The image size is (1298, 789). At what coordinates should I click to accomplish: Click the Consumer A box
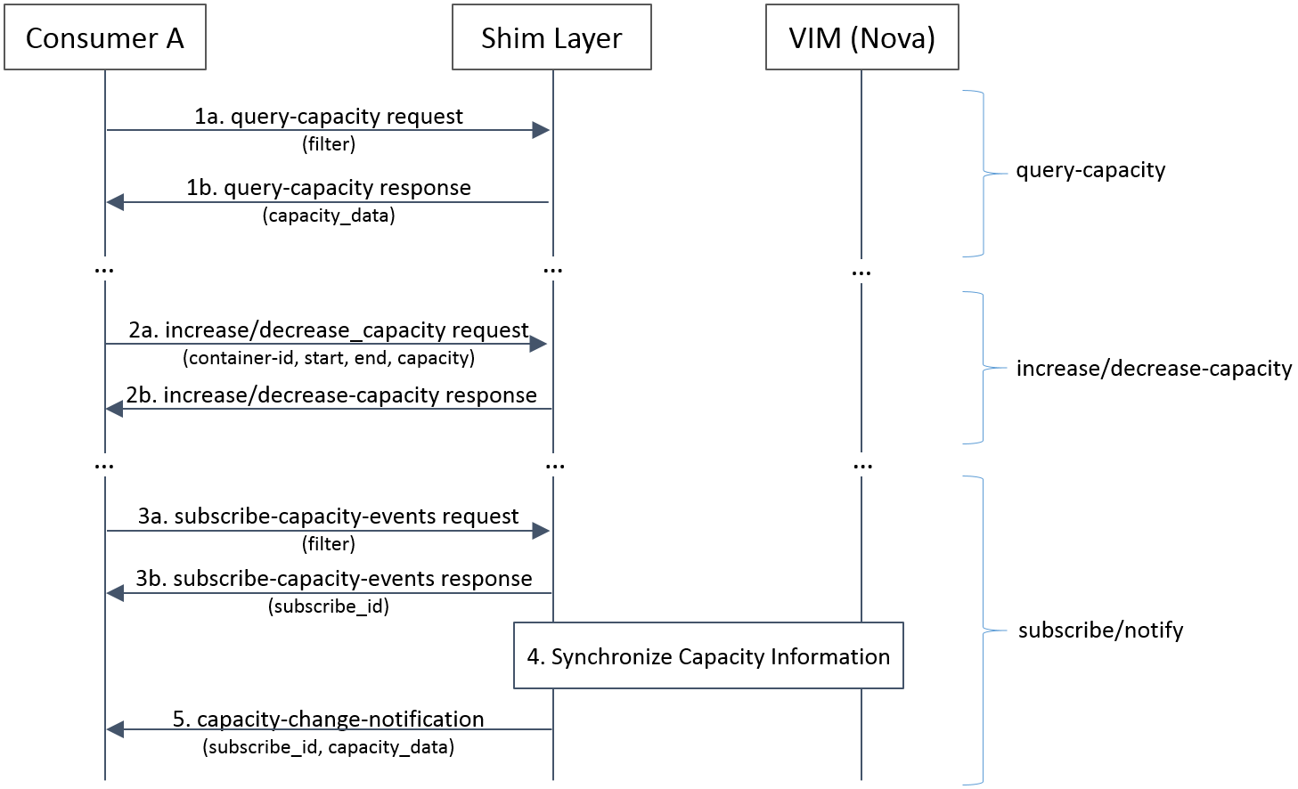coord(105,37)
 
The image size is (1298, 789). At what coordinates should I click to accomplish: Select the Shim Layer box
coord(551,37)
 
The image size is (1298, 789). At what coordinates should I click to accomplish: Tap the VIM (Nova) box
coord(861,37)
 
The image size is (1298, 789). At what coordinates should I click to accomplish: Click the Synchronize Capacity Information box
coord(708,656)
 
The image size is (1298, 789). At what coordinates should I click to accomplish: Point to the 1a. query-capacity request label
coord(329,117)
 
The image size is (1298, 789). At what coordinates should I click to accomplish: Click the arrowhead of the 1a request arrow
coord(541,130)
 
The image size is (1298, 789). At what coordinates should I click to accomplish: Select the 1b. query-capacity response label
coord(329,188)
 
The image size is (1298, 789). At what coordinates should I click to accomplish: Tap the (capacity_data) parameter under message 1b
coord(329,216)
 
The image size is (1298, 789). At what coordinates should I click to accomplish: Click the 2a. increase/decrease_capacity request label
coord(329,330)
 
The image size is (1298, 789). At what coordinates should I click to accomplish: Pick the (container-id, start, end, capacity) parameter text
coord(329,358)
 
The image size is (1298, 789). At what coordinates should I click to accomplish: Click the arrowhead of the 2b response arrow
coord(115,409)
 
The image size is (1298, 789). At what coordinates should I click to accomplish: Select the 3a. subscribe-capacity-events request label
coord(329,517)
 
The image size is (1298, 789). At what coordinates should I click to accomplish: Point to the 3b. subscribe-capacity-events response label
coord(334,579)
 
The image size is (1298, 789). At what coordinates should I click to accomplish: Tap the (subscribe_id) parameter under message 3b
coord(329,606)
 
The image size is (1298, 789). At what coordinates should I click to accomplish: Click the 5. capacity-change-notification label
coord(329,719)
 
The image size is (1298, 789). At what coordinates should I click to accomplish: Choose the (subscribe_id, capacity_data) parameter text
coord(329,747)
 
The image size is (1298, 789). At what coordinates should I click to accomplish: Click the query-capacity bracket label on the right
coord(1090,170)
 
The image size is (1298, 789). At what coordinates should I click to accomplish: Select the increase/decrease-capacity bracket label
coord(1154,369)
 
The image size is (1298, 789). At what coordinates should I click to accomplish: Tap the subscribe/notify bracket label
coord(1100,630)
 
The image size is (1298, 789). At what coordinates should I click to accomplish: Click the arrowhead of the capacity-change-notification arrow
coord(115,729)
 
